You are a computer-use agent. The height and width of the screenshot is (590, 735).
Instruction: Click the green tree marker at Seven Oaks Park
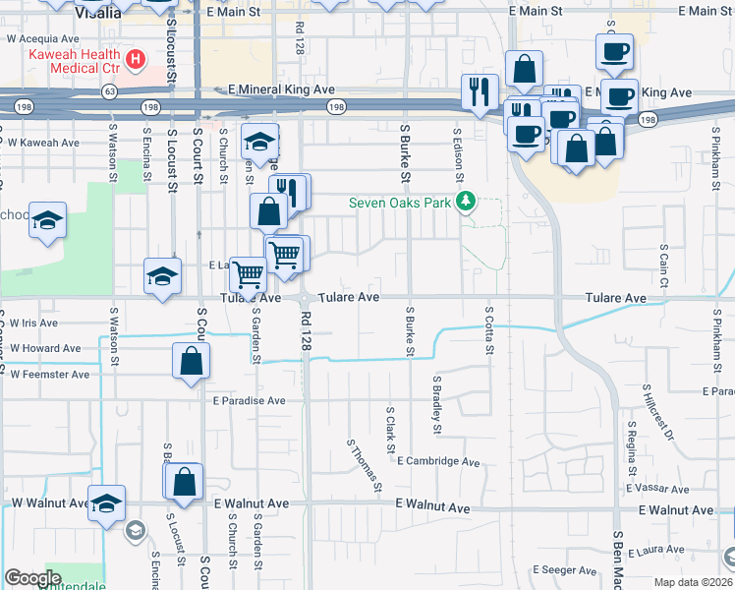coord(469,204)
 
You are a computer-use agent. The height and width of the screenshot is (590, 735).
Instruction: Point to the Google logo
coord(32,577)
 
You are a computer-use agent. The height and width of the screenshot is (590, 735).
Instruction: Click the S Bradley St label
coord(436,403)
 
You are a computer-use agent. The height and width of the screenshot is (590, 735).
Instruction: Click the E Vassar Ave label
coord(659,489)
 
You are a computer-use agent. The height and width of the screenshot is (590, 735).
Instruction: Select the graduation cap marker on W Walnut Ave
coord(107,503)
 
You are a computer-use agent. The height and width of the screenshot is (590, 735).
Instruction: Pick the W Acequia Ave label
coord(43,39)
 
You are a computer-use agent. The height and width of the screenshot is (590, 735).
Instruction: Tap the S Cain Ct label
coord(664,266)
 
